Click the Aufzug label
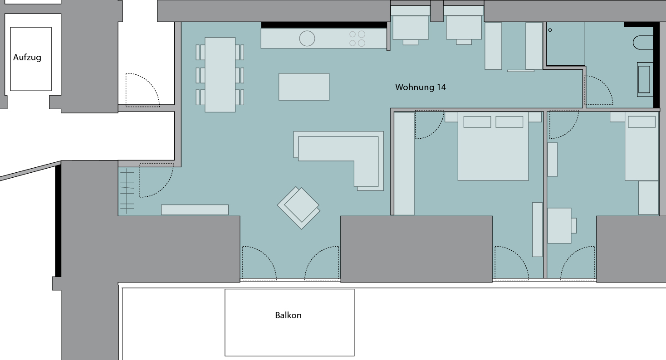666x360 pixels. pyautogui.click(x=27, y=57)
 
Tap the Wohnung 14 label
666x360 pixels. pyautogui.click(x=421, y=87)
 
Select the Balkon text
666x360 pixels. pyautogui.click(x=288, y=315)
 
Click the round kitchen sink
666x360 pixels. pyautogui.click(x=307, y=39)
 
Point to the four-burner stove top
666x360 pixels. pyautogui.click(x=357, y=39)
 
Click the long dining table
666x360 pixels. pyautogui.click(x=220, y=74)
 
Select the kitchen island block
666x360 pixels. pyautogui.click(x=304, y=87)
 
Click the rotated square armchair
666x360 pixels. pyautogui.click(x=299, y=208)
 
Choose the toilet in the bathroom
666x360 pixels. pyautogui.click(x=643, y=43)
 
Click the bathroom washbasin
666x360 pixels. pyautogui.click(x=645, y=80)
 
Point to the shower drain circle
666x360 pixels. pyautogui.click(x=550, y=30)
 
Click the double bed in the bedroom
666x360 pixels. pyautogui.click(x=493, y=146)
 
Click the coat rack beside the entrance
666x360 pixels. pyautogui.click(x=127, y=191)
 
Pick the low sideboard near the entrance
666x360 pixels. pyautogui.click(x=195, y=210)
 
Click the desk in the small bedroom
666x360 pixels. pyautogui.click(x=559, y=226)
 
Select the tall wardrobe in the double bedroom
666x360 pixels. pyautogui.click(x=404, y=164)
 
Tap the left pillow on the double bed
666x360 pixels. pyautogui.click(x=477, y=122)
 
